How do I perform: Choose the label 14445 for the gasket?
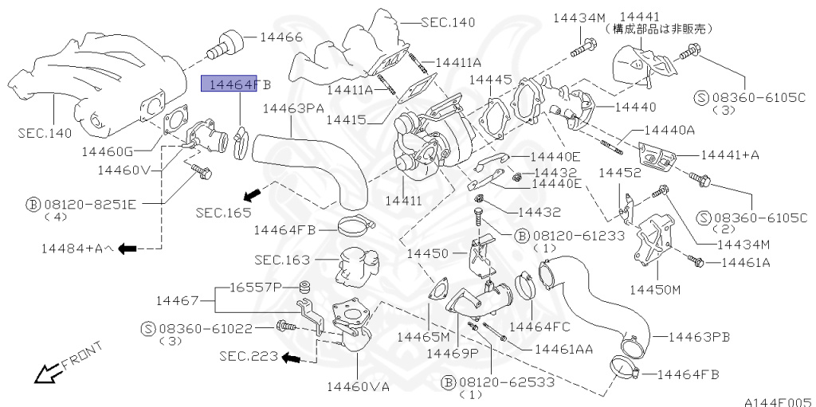tap(490, 80)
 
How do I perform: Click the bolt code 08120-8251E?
tap(91, 204)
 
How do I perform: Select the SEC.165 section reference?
tap(224, 213)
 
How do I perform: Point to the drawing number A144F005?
tap(778, 400)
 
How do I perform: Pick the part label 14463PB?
tap(699, 337)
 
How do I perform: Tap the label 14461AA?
tap(563, 348)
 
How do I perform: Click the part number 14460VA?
tap(358, 387)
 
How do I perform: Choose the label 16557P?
tap(256, 286)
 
